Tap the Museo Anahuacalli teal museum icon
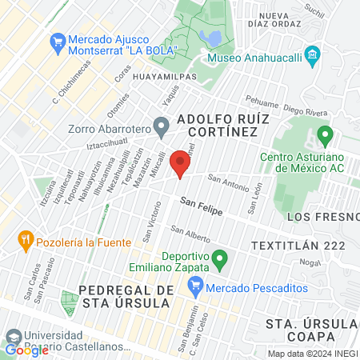pyautogui.click(x=312, y=56)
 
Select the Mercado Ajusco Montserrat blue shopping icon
pyautogui.click(x=57, y=40)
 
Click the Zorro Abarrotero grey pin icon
pyautogui.click(x=161, y=125)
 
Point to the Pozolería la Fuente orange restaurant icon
pyautogui.click(x=26, y=239)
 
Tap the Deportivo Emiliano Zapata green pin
pyautogui.click(x=222, y=258)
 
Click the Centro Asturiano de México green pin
pyautogui.click(x=324, y=134)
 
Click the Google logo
pyautogui.click(x=26, y=350)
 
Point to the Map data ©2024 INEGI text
pyautogui.click(x=311, y=354)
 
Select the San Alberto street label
pyautogui.click(x=191, y=236)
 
